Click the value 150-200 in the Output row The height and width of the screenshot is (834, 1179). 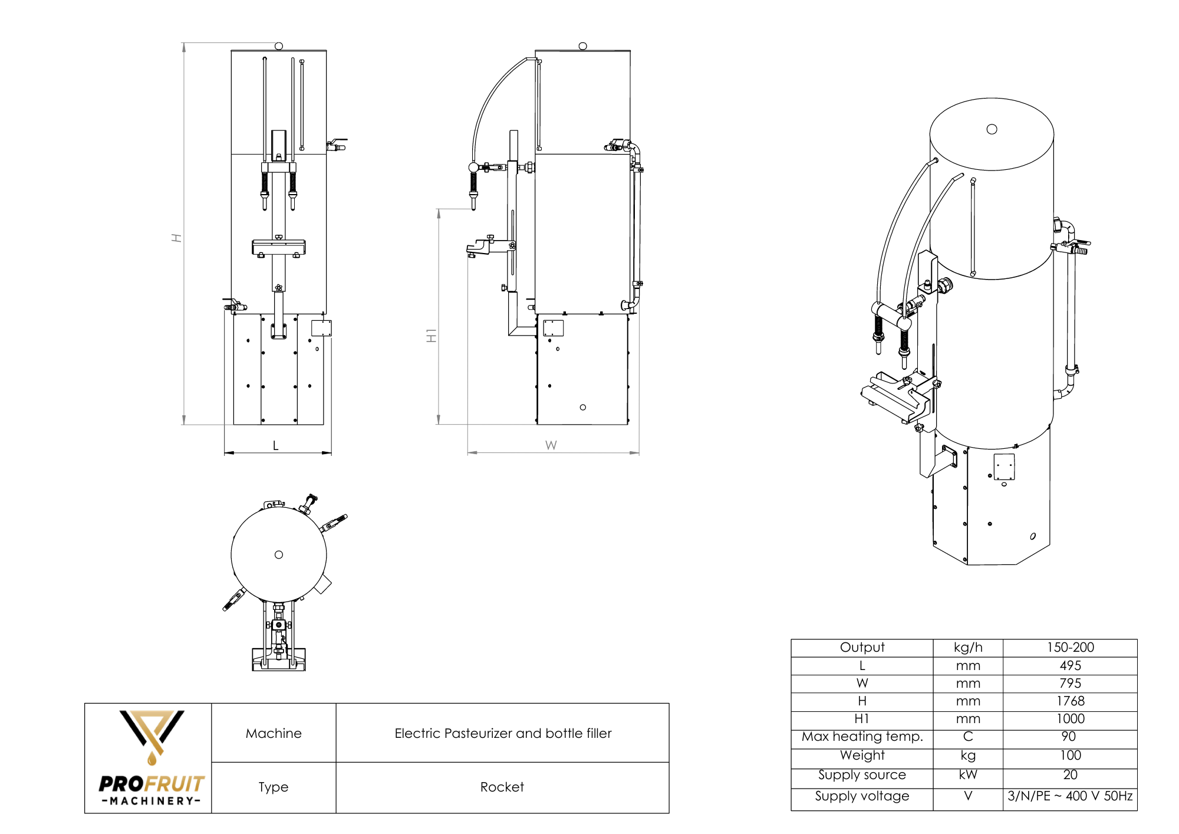1070,647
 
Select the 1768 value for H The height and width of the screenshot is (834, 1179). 1070,701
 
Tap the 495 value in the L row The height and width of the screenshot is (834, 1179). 1070,665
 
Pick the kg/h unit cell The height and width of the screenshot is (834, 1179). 968,647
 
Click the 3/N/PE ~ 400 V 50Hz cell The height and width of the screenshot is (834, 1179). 1070,796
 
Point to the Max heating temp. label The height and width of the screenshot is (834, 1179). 862,736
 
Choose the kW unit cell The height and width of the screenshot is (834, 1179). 968,774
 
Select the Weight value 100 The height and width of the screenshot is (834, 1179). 1070,755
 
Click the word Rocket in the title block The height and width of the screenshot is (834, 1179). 502,787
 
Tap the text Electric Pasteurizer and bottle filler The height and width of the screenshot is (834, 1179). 503,733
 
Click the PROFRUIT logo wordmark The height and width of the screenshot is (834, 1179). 152,784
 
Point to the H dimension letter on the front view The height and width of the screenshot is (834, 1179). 176,238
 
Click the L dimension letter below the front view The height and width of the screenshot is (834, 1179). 275,445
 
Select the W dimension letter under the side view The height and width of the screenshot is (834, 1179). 551,445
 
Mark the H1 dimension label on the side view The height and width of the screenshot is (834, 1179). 432,336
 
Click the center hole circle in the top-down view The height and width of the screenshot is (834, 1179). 279,554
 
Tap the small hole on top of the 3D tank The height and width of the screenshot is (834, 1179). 992,129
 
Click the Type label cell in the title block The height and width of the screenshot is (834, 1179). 274,787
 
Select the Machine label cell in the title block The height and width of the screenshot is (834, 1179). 274,733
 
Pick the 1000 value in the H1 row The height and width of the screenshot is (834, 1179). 1070,718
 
